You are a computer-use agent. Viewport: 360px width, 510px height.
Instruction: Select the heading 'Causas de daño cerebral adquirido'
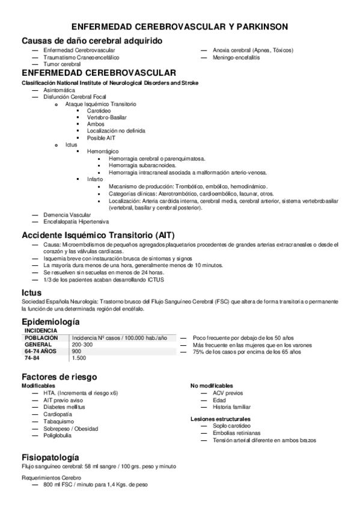point(91,40)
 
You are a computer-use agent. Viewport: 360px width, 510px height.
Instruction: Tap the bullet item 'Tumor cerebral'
point(62,64)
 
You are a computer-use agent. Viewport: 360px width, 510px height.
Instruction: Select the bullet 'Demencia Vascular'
point(67,215)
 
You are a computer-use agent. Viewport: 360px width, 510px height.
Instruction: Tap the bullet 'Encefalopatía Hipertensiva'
point(76,221)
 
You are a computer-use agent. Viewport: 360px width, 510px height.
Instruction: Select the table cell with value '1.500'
point(78,358)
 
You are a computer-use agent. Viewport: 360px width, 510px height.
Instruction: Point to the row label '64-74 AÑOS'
point(40,351)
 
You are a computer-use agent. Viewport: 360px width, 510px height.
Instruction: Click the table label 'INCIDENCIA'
point(40,331)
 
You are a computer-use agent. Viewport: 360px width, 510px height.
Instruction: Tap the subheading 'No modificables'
point(212,386)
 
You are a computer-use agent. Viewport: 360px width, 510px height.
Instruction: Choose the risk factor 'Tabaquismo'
point(58,422)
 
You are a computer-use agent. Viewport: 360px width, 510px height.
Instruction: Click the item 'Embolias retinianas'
point(236,433)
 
